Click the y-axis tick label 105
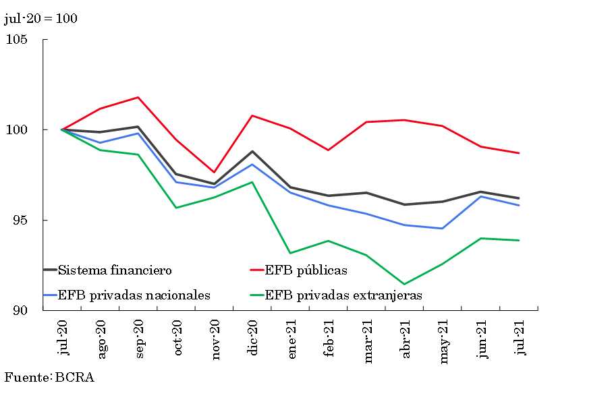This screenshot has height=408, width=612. [17, 40]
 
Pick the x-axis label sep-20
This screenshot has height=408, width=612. [139, 341]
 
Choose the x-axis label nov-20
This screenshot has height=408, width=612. [215, 342]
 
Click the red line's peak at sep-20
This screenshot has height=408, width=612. [138, 97]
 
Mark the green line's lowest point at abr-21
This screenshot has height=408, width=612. [404, 284]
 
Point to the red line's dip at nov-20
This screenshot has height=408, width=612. [215, 172]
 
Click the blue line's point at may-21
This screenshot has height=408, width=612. [442, 229]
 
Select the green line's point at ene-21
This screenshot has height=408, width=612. [290, 253]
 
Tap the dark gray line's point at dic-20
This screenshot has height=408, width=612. [252, 151]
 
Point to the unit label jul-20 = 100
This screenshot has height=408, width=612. [40, 18]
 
